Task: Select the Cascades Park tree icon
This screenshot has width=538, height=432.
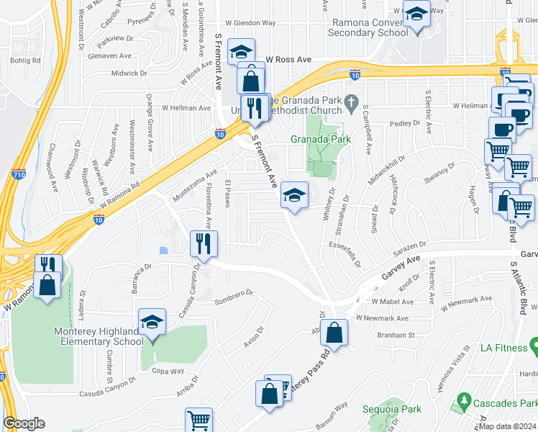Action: (x=465, y=399)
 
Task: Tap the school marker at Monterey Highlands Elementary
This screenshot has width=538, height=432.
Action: (x=152, y=322)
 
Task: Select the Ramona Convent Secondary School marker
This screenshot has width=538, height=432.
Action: (x=416, y=14)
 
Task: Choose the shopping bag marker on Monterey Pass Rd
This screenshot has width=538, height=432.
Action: (x=334, y=332)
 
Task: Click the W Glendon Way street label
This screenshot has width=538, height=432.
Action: (x=250, y=23)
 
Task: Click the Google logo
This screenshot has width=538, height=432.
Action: (x=24, y=423)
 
